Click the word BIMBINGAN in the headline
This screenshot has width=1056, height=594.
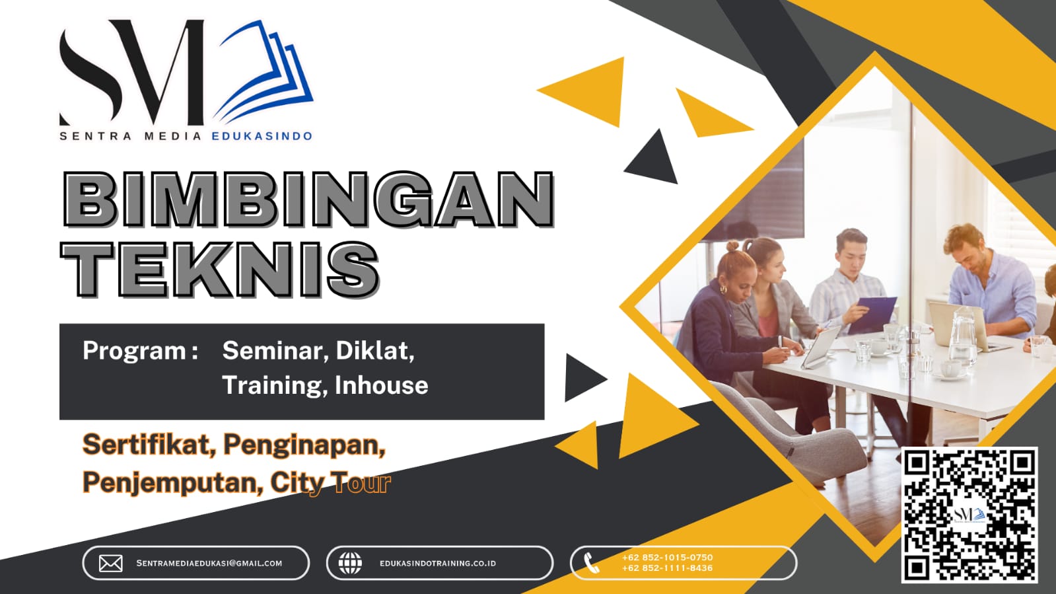point(308,199)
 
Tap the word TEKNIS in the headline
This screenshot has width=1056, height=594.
point(221,269)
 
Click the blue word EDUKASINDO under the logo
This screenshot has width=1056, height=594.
point(262,136)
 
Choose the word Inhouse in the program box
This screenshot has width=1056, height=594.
point(381,385)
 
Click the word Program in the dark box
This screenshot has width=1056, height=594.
point(134,351)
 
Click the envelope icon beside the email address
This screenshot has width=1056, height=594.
point(110,563)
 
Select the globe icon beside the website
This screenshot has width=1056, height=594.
point(350,563)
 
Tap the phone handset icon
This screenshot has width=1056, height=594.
point(592,563)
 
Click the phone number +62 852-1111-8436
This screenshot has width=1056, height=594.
point(667,568)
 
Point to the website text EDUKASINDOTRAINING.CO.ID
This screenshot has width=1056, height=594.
point(437,564)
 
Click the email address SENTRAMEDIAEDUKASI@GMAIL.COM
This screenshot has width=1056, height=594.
point(209,564)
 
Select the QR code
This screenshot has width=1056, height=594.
point(969,515)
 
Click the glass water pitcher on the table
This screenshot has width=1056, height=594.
point(962,337)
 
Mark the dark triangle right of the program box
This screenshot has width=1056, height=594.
point(582,378)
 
